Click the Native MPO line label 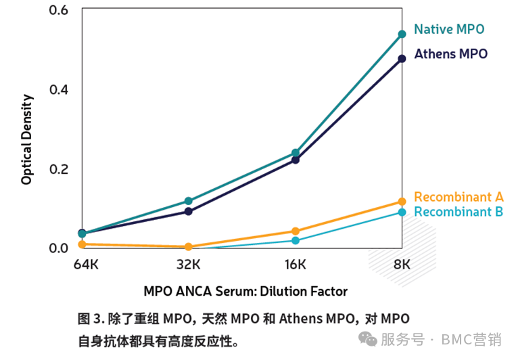[x=449, y=29]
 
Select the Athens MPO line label [x=450, y=54]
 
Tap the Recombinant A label [x=458, y=197]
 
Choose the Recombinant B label [x=458, y=212]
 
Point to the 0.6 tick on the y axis [x=60, y=11]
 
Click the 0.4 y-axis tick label [x=60, y=90]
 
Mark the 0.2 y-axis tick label [x=60, y=169]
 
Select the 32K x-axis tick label [x=188, y=263]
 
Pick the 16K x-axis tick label [x=296, y=263]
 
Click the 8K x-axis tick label [x=402, y=263]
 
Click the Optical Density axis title [x=27, y=139]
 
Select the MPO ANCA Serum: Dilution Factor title [x=245, y=292]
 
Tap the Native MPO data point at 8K [x=402, y=34]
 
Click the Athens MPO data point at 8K [x=402, y=59]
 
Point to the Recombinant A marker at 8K [x=402, y=202]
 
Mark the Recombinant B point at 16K [x=296, y=240]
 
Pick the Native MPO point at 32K [x=188, y=201]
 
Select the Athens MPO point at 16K [x=296, y=160]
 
